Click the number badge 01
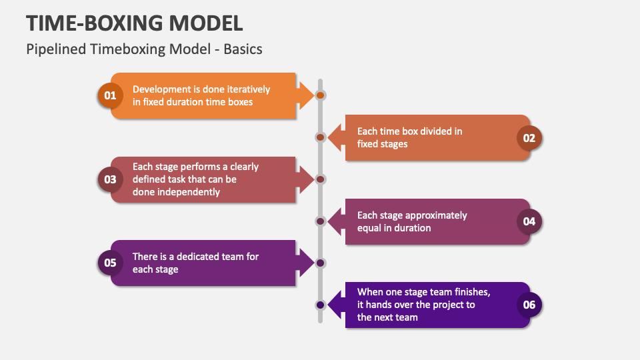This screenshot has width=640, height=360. [x=110, y=95]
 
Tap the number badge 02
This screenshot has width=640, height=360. [x=529, y=138]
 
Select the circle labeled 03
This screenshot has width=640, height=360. [x=110, y=179]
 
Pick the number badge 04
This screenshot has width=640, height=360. [x=529, y=221]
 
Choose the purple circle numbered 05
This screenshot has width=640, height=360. [x=110, y=263]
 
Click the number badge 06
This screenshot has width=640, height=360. [x=529, y=305]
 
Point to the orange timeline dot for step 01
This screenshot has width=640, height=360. [x=321, y=95]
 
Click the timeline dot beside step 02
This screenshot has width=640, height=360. [x=321, y=137]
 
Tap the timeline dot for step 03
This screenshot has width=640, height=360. [x=321, y=179]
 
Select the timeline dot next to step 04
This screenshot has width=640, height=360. [x=321, y=221]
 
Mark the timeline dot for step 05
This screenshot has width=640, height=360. [x=321, y=263]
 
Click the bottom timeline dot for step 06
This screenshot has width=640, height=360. [x=321, y=305]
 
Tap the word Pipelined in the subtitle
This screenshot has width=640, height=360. [x=56, y=49]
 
